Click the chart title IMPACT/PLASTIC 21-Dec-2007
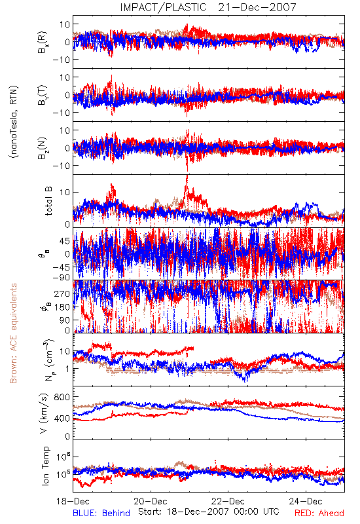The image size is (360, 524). (208, 7)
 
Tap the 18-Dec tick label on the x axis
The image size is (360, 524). (73, 501)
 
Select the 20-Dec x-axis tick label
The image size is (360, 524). (151, 501)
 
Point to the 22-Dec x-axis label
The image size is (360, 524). (228, 501)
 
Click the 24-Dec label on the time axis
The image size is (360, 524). (306, 501)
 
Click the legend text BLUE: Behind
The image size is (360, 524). (101, 513)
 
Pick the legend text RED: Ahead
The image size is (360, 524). (319, 513)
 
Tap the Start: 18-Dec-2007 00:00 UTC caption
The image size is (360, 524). (209, 512)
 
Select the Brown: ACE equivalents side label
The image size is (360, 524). (13, 333)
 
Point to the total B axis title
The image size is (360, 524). (48, 201)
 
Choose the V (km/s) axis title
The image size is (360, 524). (44, 413)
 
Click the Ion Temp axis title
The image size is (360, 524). (45, 466)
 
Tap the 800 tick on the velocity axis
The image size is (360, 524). (62, 398)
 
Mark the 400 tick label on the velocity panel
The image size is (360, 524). (62, 419)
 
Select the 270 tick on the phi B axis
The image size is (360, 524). (62, 293)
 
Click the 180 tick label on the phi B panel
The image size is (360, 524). (62, 307)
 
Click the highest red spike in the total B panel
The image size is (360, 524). (187, 177)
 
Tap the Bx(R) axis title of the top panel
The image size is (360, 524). (43, 43)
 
